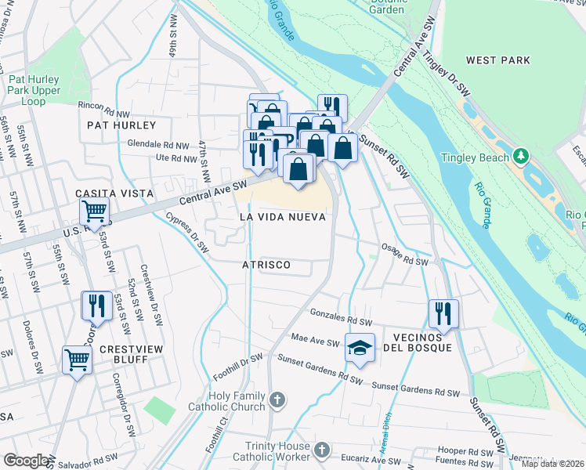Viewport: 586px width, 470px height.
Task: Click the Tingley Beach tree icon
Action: (x=519, y=157)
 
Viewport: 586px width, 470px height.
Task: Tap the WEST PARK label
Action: (x=497, y=60)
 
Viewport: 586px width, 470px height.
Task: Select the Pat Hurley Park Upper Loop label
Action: (x=34, y=90)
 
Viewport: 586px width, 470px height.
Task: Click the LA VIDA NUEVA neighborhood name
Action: (x=282, y=216)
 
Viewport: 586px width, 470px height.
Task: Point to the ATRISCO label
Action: (x=266, y=266)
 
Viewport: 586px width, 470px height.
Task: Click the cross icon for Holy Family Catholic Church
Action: (x=276, y=401)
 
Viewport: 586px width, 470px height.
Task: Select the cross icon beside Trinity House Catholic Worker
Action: (x=322, y=450)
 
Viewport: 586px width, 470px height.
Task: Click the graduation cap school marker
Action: (x=360, y=348)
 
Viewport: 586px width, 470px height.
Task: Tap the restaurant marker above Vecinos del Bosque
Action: (x=443, y=313)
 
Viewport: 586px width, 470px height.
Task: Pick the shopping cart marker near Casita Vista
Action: (x=94, y=210)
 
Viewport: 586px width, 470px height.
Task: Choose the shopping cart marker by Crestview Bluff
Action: (x=78, y=360)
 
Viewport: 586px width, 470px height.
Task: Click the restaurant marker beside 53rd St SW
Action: (x=96, y=305)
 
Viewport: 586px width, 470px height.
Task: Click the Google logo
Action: (x=27, y=460)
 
